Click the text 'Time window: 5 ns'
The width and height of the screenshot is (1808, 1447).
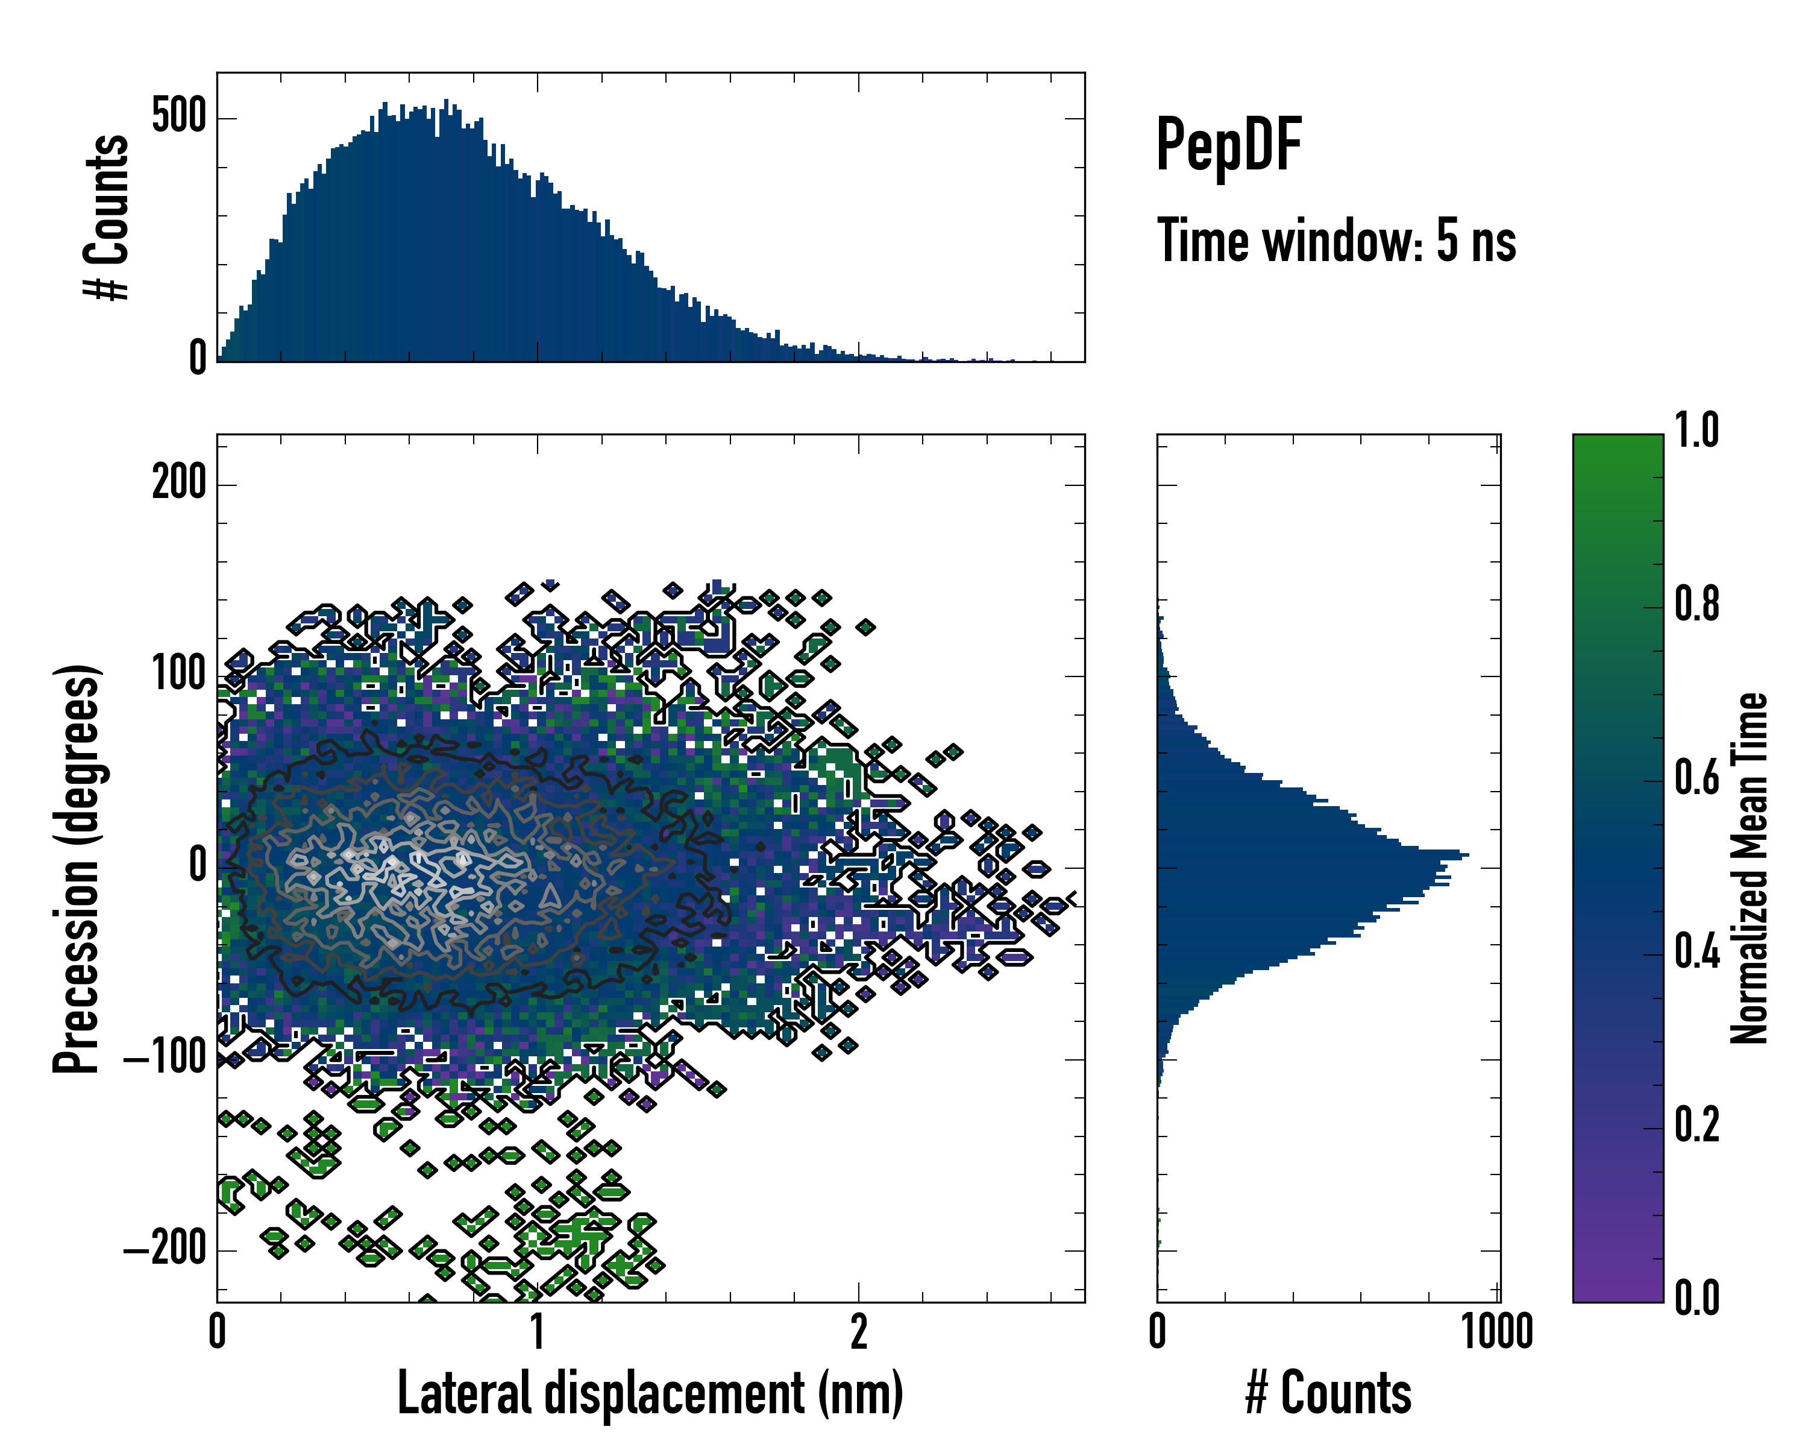[1336, 241]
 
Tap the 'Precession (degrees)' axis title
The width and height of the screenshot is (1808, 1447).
[77, 868]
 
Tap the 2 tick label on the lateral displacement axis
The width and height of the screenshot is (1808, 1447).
[858, 1332]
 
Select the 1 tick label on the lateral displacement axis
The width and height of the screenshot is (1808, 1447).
[538, 1332]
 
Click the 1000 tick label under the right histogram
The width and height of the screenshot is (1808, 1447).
[1497, 1332]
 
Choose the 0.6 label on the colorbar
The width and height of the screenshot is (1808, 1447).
[1697, 778]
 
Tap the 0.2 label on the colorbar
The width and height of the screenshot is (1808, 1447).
[1697, 1125]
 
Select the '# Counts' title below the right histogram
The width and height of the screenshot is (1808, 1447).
[1328, 1393]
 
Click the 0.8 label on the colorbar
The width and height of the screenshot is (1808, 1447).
[1697, 604]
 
